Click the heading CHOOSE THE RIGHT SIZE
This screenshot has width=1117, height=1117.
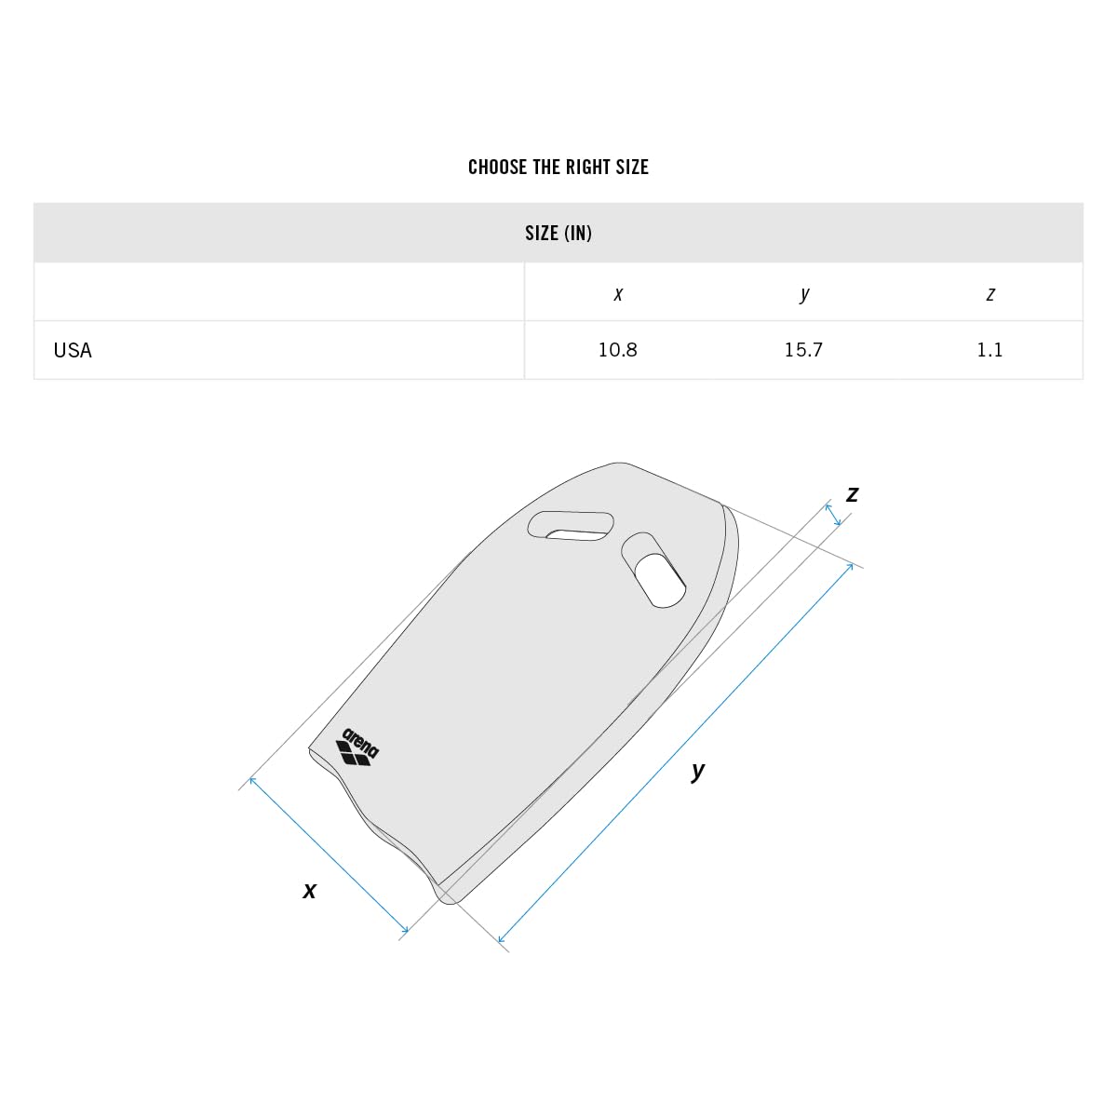point(558,168)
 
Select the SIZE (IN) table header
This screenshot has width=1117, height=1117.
point(558,233)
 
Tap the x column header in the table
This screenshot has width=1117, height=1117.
point(618,294)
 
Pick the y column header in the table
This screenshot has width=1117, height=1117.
point(804,294)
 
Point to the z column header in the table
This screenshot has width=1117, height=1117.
point(989,294)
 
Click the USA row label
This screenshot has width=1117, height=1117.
point(73,350)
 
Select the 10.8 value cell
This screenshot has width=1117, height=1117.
point(618,350)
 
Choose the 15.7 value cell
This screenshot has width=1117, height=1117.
point(804,350)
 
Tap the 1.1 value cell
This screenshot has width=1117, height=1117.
point(989,350)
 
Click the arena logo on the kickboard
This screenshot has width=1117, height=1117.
point(357,747)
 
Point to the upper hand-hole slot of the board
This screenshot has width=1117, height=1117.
point(571,526)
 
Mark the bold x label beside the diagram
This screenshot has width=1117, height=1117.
point(310,891)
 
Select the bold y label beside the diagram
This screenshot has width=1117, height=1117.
point(698,771)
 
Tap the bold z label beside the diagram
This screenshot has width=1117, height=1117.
point(852,494)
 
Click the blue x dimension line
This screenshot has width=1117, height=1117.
point(329,854)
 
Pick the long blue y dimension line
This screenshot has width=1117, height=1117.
point(677,752)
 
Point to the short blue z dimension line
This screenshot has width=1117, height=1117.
point(833,515)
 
